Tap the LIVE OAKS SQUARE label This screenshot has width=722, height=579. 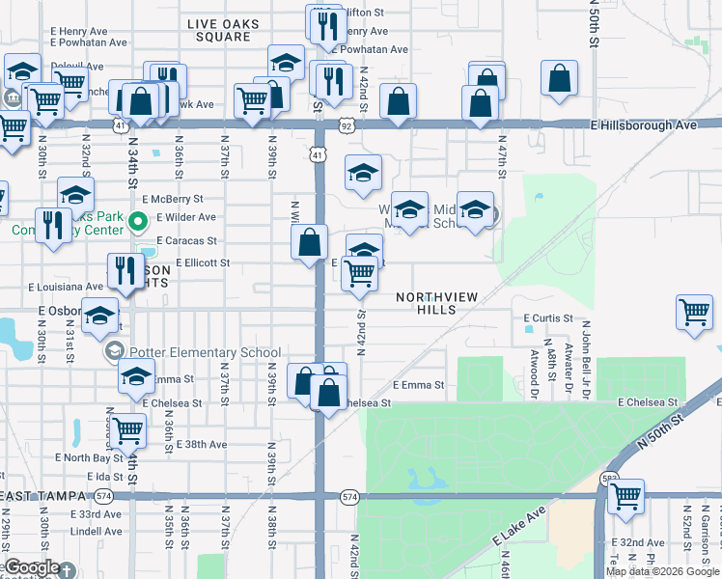tap(219, 29)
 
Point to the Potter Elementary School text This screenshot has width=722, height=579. tap(208, 353)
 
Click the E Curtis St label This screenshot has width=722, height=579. tap(548, 317)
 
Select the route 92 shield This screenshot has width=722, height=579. tap(346, 125)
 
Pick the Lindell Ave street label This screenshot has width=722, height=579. tap(96, 531)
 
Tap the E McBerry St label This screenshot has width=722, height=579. tap(182, 199)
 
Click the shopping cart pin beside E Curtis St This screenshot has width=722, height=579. tap(695, 314)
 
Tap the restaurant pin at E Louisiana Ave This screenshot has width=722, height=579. tap(123, 270)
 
